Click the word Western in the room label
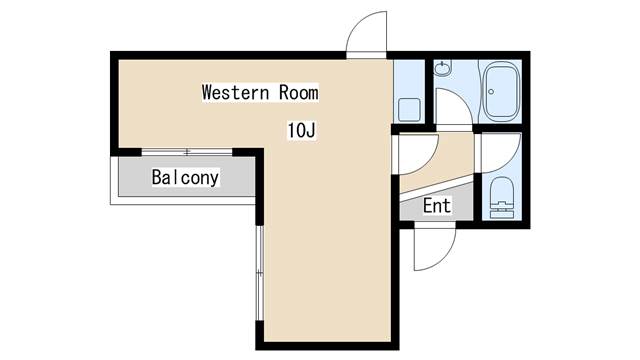(236, 92)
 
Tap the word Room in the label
(298, 92)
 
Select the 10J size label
(302, 130)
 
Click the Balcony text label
(185, 178)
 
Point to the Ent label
(437, 205)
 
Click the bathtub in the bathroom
(500, 92)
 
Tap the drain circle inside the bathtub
(491, 92)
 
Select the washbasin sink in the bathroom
(442, 68)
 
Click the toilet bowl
(502, 190)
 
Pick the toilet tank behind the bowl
(502, 211)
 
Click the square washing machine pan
(409, 109)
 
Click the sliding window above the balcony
(187, 152)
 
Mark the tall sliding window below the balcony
(260, 273)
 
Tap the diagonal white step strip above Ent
(437, 188)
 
